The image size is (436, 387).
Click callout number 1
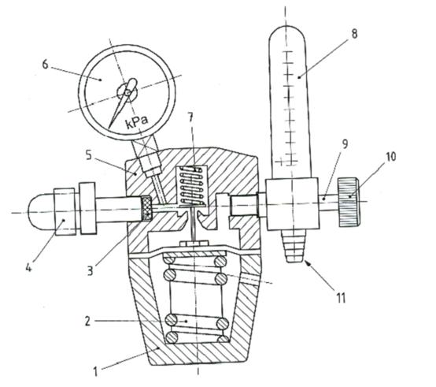95,372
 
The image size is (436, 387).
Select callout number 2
87,322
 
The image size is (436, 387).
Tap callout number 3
90,270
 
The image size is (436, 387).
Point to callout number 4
28,267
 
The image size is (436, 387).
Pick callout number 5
89,155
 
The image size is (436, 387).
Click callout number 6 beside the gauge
45,65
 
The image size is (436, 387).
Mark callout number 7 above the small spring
190,117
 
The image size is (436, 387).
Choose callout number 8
354,34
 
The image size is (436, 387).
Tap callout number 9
345,144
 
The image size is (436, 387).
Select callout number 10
391,157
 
